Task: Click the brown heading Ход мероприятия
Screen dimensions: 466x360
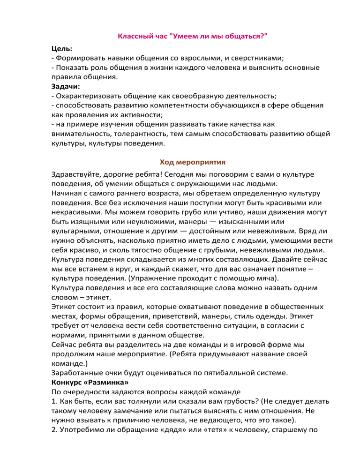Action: tap(193, 162)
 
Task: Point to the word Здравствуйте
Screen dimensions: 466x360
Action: tap(77, 174)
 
